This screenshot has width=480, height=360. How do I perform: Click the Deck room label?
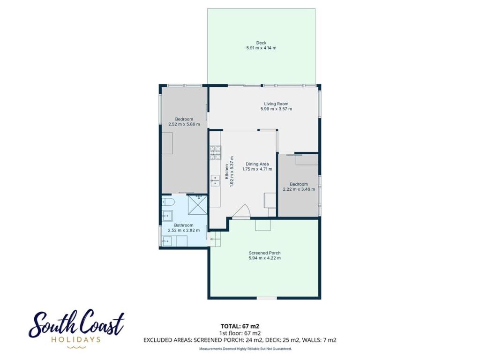click(261, 43)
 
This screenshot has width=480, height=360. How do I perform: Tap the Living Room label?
click(276, 104)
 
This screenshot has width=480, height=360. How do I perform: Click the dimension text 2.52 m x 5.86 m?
click(184, 124)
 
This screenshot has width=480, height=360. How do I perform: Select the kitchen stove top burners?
click(215, 153)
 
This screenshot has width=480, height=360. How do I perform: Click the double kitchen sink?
click(215, 180)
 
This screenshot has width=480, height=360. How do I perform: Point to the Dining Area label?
click(257, 164)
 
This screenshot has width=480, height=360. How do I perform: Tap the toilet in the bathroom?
click(168, 202)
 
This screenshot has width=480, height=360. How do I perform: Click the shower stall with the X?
click(197, 205)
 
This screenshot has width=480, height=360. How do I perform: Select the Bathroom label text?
click(184, 225)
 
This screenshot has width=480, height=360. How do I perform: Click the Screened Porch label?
click(264, 253)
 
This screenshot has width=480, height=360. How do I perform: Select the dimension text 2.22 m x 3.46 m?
click(299, 189)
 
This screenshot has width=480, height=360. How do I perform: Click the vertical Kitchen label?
click(226, 172)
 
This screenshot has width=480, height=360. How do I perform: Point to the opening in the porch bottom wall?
click(267, 298)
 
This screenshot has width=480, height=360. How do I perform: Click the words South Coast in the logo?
click(76, 324)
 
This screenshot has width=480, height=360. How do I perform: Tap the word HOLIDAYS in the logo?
click(76, 339)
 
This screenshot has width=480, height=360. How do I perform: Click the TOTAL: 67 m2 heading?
click(240, 326)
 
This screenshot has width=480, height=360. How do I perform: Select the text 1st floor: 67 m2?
click(240, 333)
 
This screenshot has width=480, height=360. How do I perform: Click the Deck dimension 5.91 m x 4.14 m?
click(261, 48)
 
